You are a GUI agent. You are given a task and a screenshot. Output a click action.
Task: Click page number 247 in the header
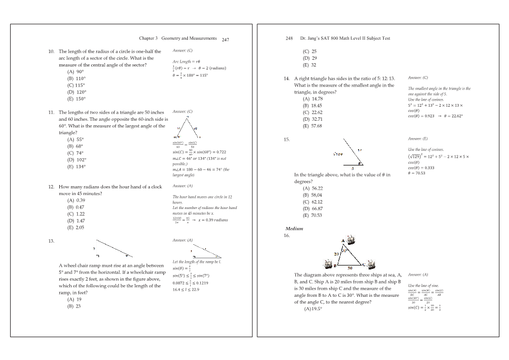pos(225,40)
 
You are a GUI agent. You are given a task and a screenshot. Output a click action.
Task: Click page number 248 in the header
pos(289,39)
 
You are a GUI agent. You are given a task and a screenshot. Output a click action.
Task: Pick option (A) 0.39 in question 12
pos(76,200)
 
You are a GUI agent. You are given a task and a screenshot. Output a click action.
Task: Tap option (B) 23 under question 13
pos(74,306)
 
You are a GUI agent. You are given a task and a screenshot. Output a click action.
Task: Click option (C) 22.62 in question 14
pos(313,112)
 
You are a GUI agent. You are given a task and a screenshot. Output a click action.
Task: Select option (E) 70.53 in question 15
pos(313,215)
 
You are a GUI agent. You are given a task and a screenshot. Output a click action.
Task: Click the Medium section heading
pos(294,229)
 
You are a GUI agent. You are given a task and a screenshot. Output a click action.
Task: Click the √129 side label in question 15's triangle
pos(338,154)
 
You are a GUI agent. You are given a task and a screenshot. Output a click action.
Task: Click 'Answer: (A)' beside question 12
pos(182,186)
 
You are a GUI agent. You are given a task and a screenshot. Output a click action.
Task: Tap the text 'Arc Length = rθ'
pos(186,61)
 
